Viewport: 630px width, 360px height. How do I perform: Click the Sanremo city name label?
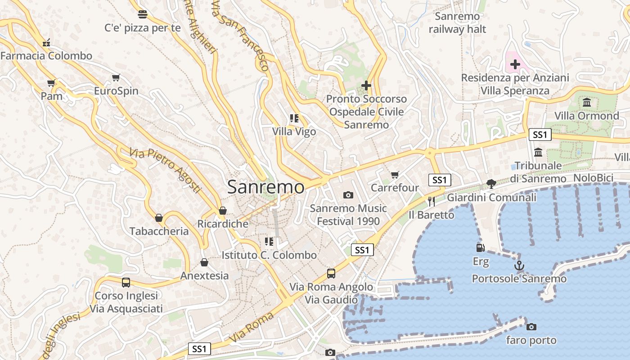265,187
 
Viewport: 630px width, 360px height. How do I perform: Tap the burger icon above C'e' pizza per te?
143,14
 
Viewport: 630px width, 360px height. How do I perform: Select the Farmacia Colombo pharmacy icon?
46,43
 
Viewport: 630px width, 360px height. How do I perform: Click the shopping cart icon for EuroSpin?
116,78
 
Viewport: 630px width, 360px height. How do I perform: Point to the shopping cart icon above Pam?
51,83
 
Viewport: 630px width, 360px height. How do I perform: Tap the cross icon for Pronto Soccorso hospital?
366,85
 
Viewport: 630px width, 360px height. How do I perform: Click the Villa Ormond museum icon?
587,103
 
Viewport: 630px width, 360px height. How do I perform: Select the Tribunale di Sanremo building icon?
538,152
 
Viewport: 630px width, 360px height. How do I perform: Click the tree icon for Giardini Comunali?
491,184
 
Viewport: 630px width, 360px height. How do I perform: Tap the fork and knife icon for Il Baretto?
432,201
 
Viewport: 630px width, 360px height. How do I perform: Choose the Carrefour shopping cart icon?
395,175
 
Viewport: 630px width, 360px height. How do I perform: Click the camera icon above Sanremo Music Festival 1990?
348,195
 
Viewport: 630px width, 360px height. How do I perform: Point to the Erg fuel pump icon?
481,247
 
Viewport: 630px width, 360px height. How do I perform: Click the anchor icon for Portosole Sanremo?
519,265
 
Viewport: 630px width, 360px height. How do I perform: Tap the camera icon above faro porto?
531,327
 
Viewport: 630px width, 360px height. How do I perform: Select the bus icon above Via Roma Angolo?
331,273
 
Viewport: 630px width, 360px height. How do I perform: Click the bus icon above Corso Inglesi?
126,283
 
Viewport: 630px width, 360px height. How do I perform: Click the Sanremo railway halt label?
458,23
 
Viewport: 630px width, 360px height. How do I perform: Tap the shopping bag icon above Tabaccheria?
159,218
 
